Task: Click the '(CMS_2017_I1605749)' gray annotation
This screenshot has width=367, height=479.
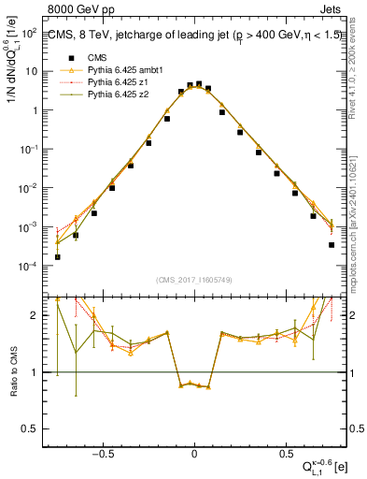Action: (194, 280)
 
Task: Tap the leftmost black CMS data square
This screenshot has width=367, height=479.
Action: (58, 256)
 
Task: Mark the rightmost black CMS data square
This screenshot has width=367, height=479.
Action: (332, 245)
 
